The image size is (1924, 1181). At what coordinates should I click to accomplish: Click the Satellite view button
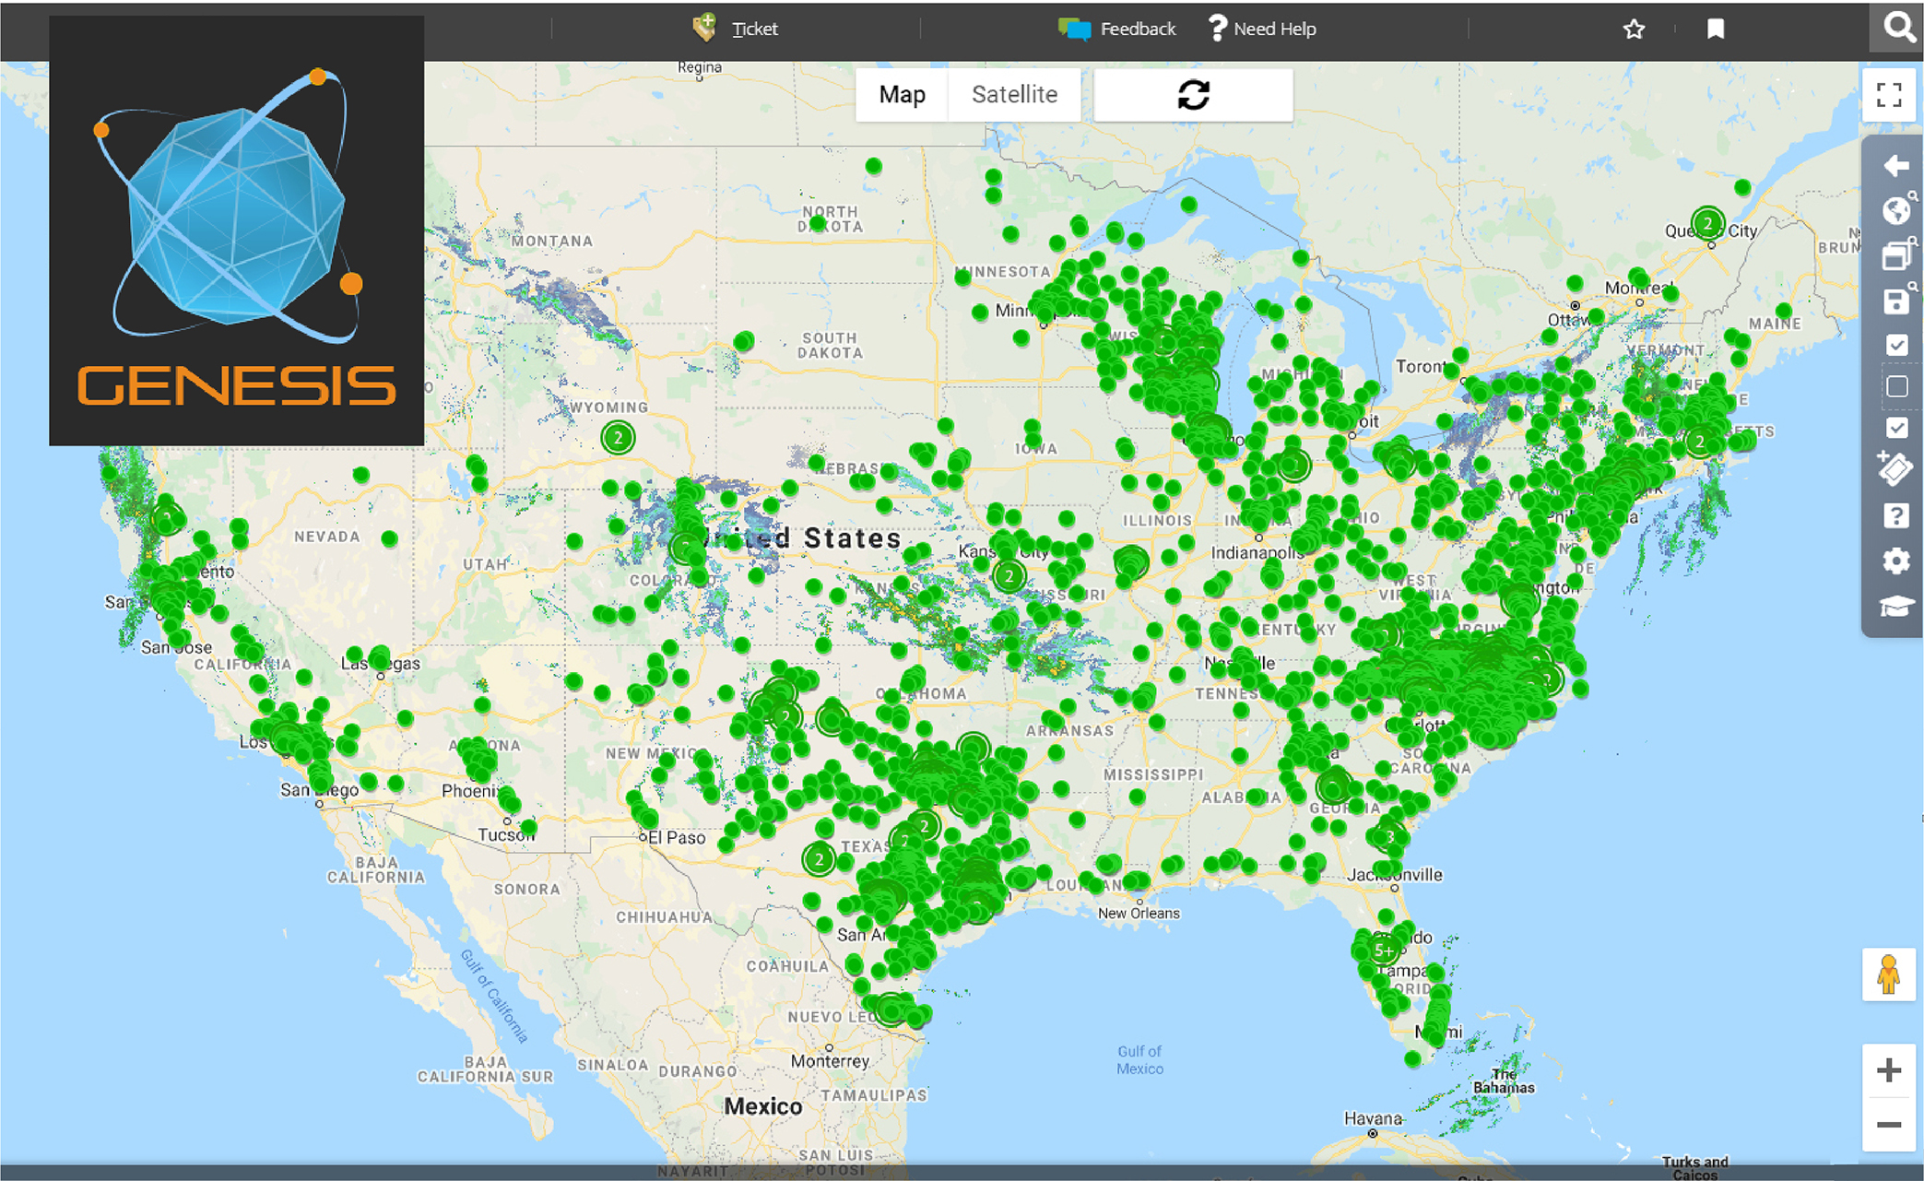point(1014,95)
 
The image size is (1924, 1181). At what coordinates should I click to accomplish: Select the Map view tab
point(902,95)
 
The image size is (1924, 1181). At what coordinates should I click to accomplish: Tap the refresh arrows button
point(1193,95)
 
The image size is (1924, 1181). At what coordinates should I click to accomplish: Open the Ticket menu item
point(737,29)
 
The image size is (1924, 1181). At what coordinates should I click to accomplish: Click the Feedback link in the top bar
point(1117,29)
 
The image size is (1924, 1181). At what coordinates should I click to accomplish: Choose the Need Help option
point(1262,29)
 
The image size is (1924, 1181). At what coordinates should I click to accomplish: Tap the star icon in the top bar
point(1634,30)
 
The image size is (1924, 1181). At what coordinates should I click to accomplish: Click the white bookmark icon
point(1715,30)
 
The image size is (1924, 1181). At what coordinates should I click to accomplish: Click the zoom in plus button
point(1888,1070)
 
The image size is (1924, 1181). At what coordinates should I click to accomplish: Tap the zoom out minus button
point(1888,1125)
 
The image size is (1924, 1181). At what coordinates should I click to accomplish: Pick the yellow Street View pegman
point(1888,974)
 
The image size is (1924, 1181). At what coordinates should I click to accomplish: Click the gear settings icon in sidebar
point(1895,561)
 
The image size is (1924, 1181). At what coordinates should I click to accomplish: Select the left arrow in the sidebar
point(1895,166)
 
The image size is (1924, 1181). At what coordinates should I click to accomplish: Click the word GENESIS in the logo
point(236,385)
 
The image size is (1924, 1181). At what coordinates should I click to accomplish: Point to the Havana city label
point(1373,1118)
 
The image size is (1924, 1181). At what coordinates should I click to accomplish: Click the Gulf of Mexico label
point(1139,1059)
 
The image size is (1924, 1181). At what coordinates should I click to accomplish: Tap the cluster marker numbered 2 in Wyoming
point(618,437)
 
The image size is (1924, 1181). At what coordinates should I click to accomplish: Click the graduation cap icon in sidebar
point(1895,606)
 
